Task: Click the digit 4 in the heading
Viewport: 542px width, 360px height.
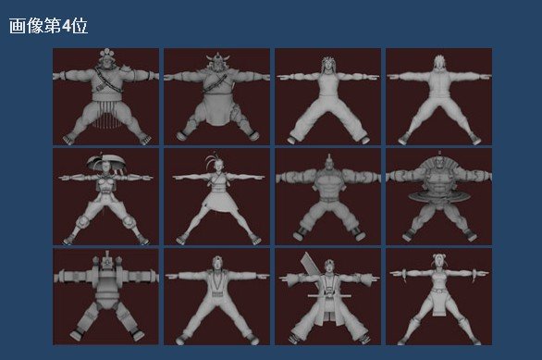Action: [x=66, y=26]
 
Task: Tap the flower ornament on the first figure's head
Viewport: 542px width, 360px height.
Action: [x=106, y=54]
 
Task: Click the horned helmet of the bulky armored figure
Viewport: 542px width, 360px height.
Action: [x=217, y=57]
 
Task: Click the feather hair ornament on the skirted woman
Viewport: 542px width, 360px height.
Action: [x=210, y=160]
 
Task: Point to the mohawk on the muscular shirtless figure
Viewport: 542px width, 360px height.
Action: [x=329, y=158]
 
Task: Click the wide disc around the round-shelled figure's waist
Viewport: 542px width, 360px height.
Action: [x=439, y=196]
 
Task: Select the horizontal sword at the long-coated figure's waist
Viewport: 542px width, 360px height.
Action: [x=329, y=296]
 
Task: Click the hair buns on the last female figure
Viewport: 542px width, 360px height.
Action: [x=439, y=256]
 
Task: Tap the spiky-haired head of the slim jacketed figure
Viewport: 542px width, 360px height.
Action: [x=439, y=63]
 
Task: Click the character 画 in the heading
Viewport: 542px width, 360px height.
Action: [x=17, y=26]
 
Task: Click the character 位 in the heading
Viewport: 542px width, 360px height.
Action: [x=80, y=26]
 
